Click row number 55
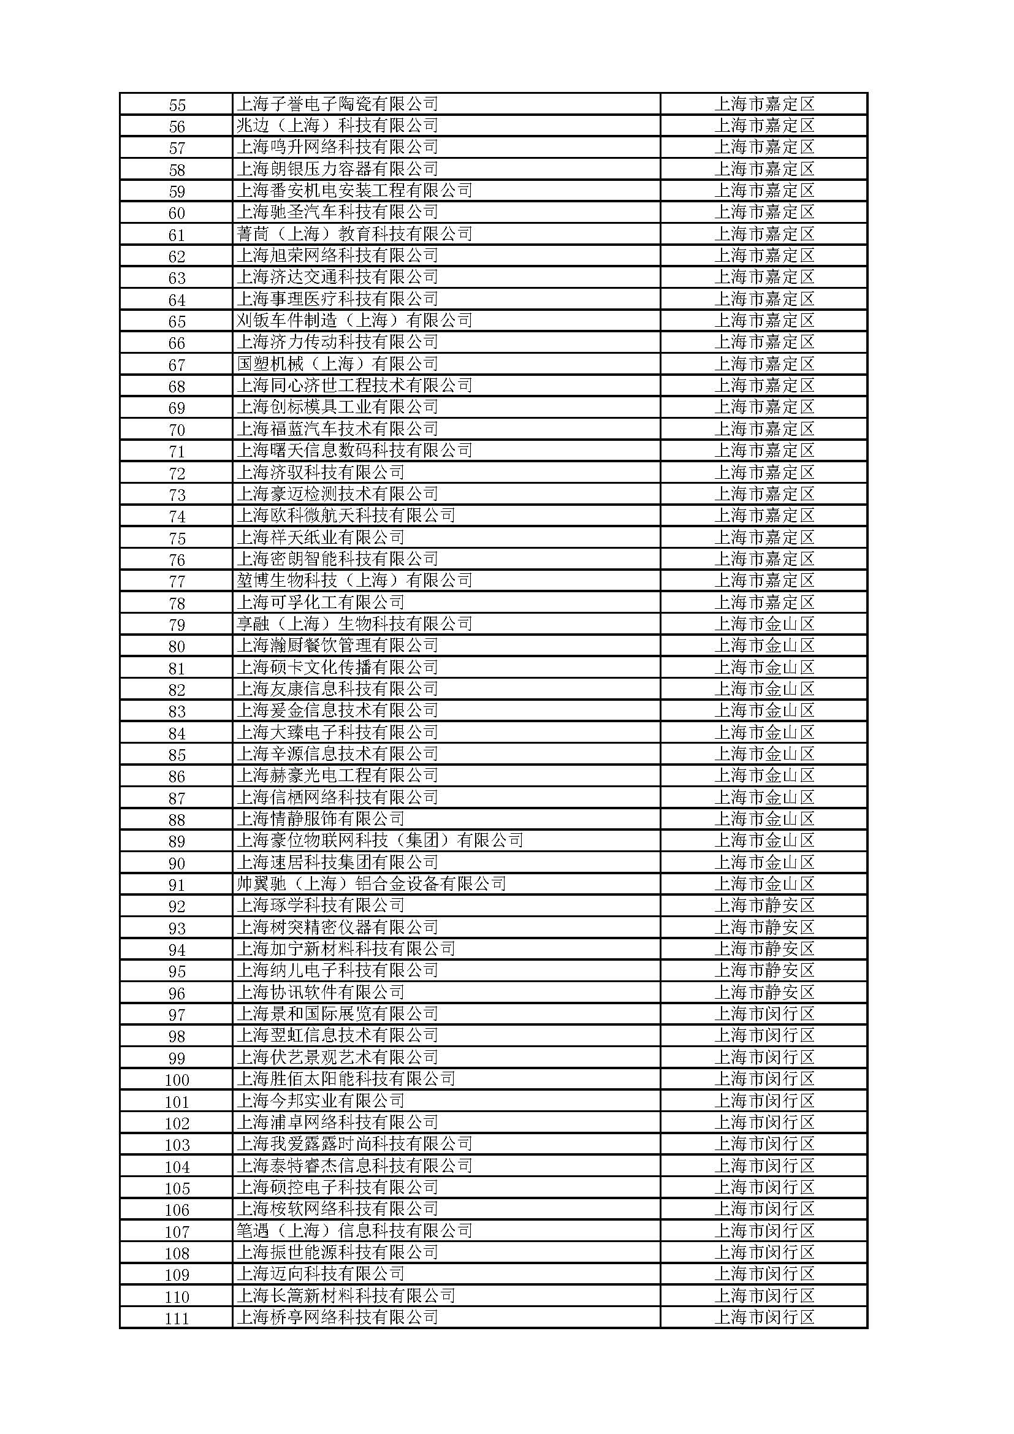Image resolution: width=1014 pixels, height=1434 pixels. [x=177, y=104]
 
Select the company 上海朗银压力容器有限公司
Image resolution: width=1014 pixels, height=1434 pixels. [x=337, y=169]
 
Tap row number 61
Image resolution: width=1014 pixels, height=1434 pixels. [x=177, y=235]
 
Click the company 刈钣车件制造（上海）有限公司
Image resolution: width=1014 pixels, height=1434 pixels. [x=354, y=321]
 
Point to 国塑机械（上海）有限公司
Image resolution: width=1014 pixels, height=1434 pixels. [x=337, y=364]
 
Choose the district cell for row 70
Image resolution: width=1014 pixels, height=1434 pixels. [x=764, y=429]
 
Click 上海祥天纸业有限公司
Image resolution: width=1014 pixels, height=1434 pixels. [x=320, y=537]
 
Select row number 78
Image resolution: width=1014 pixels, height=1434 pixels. [x=177, y=603]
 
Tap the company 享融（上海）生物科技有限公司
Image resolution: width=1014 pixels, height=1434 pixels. [x=354, y=624]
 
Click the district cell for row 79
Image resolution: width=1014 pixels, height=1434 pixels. [x=764, y=624]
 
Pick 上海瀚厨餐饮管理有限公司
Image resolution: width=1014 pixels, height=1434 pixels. [x=337, y=645]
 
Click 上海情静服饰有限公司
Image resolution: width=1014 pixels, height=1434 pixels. [x=320, y=819]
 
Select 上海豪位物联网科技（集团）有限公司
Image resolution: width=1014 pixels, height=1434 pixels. [x=379, y=841]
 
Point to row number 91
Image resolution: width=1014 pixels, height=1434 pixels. [x=177, y=885]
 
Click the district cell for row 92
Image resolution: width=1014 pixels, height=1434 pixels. [x=764, y=906]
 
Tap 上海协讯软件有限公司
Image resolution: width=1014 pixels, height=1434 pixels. [x=320, y=993]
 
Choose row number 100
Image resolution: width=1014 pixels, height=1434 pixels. [x=177, y=1079]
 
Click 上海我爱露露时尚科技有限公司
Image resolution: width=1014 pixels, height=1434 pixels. [x=354, y=1144]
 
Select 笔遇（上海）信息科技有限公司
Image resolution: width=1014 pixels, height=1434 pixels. [x=354, y=1231]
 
